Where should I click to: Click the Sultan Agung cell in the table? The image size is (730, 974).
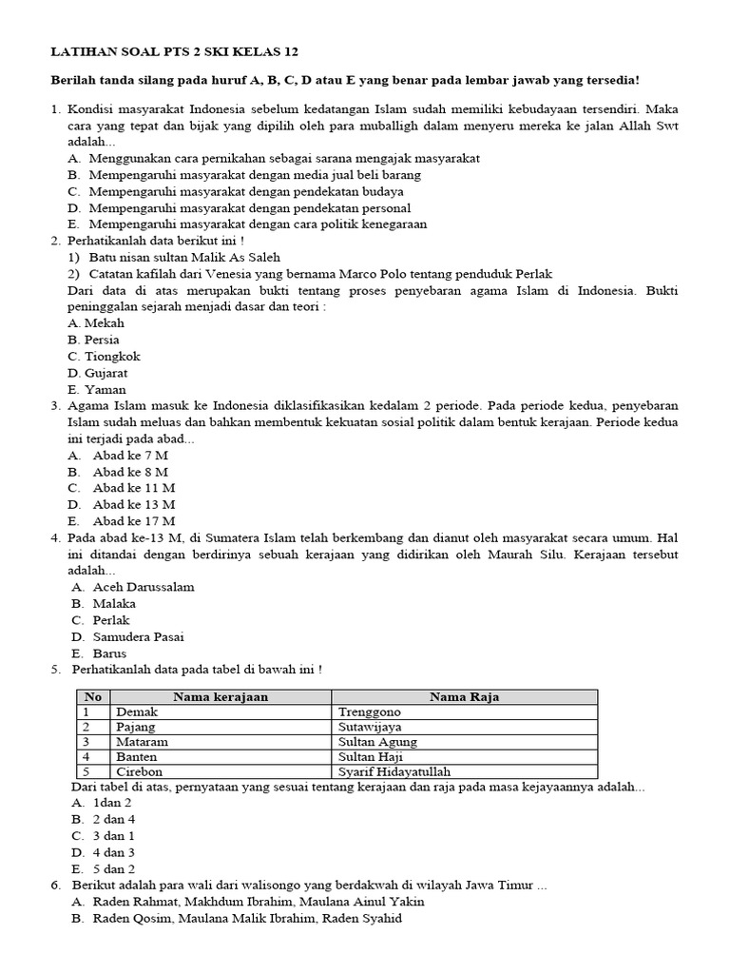click(377, 742)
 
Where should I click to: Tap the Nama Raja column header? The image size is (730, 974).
click(464, 697)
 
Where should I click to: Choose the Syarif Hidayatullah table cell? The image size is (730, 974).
click(394, 771)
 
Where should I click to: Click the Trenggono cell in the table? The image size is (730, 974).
click(370, 711)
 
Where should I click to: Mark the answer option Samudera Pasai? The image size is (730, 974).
click(138, 636)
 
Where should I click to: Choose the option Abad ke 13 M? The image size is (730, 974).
click(133, 504)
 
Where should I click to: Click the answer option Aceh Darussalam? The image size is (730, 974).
click(143, 587)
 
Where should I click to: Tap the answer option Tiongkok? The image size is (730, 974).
click(104, 357)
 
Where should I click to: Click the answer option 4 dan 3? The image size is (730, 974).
click(113, 852)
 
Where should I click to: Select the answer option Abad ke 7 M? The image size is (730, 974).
click(130, 455)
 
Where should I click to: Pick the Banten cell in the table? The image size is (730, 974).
click(135, 757)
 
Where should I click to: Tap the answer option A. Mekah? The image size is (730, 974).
click(96, 323)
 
